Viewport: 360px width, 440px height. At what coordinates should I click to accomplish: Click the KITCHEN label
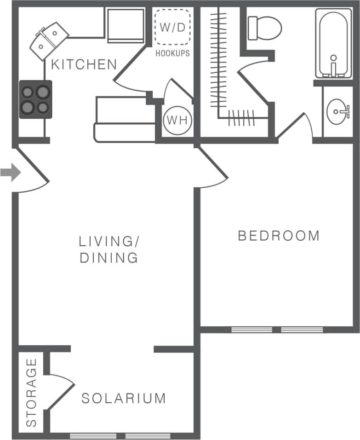tap(84, 64)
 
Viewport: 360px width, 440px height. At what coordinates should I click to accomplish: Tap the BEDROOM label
tap(279, 236)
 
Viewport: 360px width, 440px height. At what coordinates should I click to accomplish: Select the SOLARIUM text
tap(124, 398)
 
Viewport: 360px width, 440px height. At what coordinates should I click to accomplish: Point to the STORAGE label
tap(31, 392)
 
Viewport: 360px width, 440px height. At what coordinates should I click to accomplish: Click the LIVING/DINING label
tap(109, 249)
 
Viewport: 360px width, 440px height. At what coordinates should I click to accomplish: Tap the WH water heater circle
tap(177, 121)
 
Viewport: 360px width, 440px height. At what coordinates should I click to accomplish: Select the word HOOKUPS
tap(172, 53)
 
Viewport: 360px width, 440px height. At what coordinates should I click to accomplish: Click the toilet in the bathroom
tap(264, 28)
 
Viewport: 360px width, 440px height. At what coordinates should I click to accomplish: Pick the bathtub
tap(333, 44)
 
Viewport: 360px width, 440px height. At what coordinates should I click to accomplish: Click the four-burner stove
tap(35, 99)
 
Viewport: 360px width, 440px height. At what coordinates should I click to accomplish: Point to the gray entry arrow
tap(10, 173)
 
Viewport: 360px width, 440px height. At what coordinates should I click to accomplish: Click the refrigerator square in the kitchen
tap(126, 25)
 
